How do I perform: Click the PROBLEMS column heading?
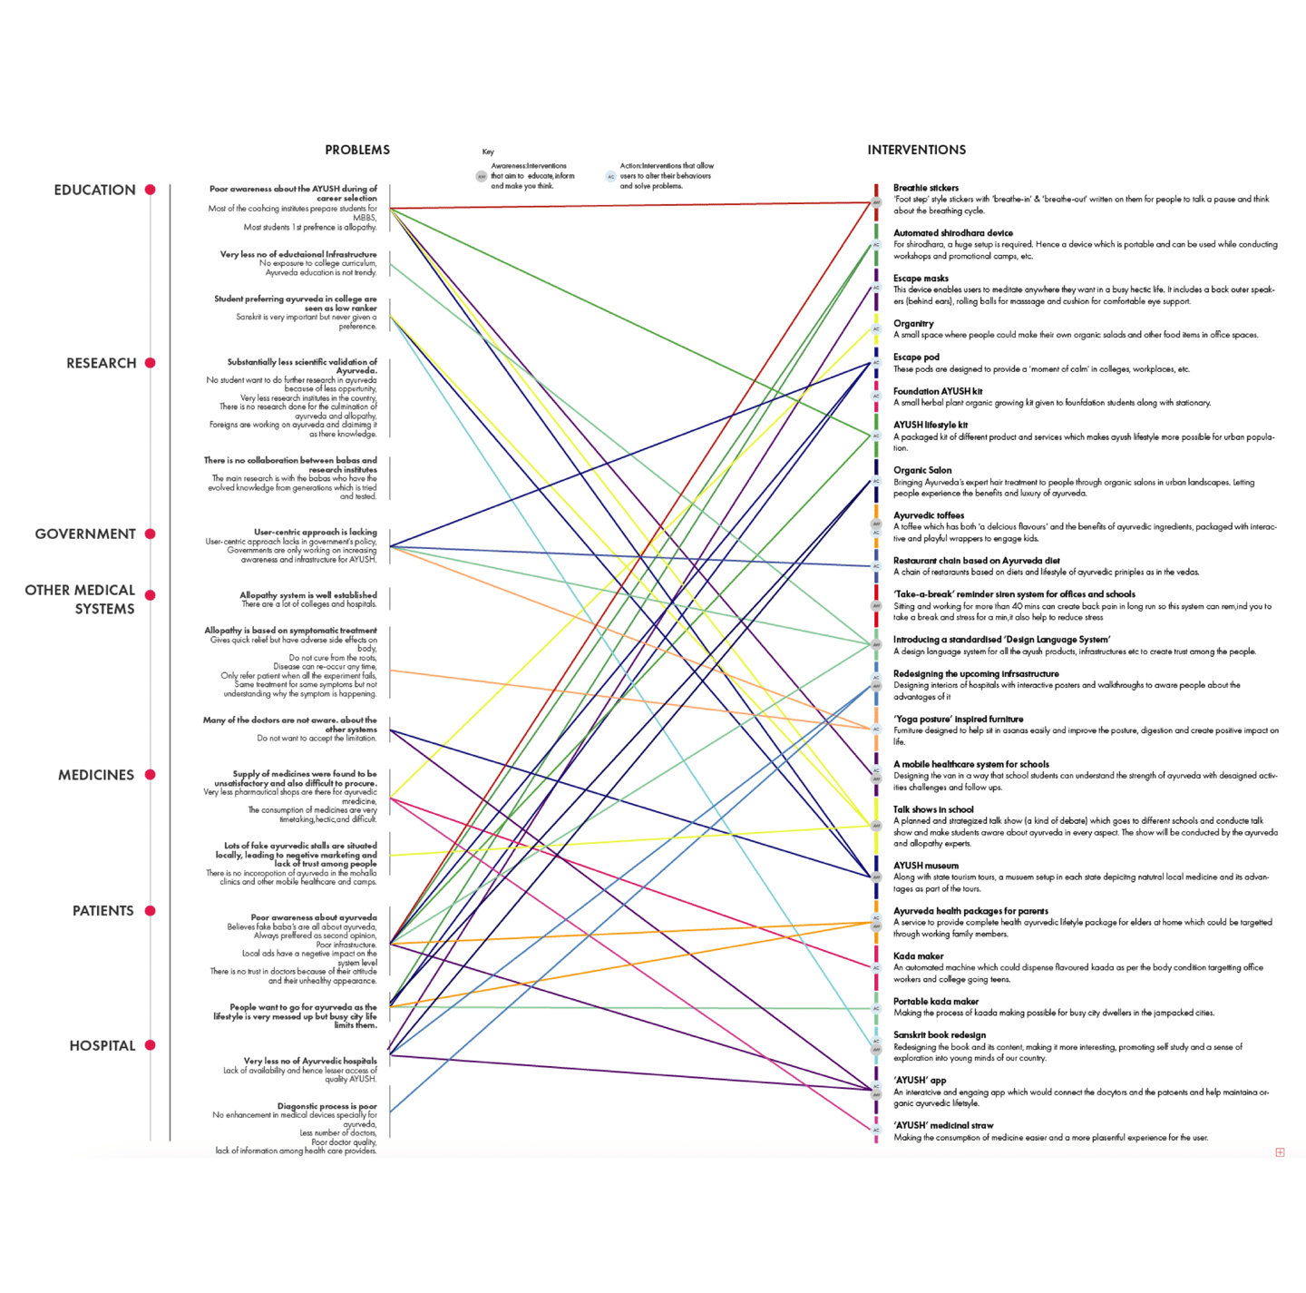coord(357,150)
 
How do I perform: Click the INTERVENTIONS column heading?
coord(916,150)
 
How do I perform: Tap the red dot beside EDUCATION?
coord(151,190)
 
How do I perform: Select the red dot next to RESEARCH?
coord(151,363)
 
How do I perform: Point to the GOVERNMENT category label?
coord(85,534)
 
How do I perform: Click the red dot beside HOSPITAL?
coord(151,1045)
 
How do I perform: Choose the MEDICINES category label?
coord(96,775)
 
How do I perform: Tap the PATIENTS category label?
coord(102,911)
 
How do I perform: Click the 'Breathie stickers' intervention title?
coord(925,188)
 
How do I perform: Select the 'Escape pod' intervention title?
coord(916,358)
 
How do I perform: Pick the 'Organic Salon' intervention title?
coord(922,470)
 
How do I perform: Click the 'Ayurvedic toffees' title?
coord(929,515)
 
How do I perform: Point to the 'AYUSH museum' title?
coord(925,866)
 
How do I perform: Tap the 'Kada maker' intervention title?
coord(918,956)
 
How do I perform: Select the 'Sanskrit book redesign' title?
coord(939,1035)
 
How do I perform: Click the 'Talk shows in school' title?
coord(933,809)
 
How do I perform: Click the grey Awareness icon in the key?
coord(482,176)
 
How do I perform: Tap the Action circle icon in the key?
coord(610,176)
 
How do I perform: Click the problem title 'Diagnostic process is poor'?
coord(326,1106)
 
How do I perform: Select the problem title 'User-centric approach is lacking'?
coord(315,533)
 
